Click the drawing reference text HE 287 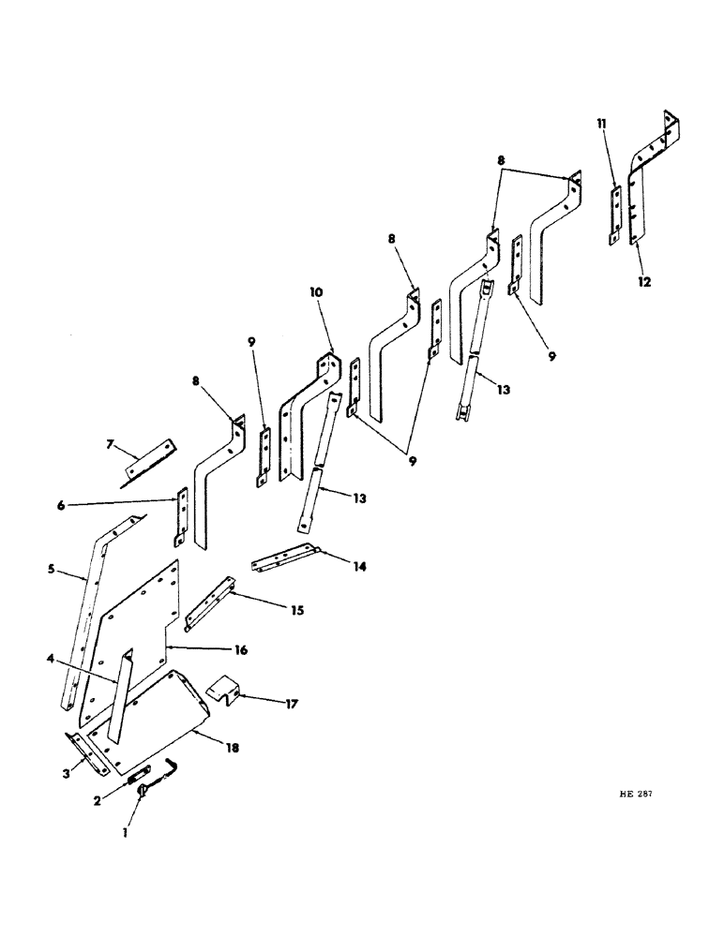coord(638,793)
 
